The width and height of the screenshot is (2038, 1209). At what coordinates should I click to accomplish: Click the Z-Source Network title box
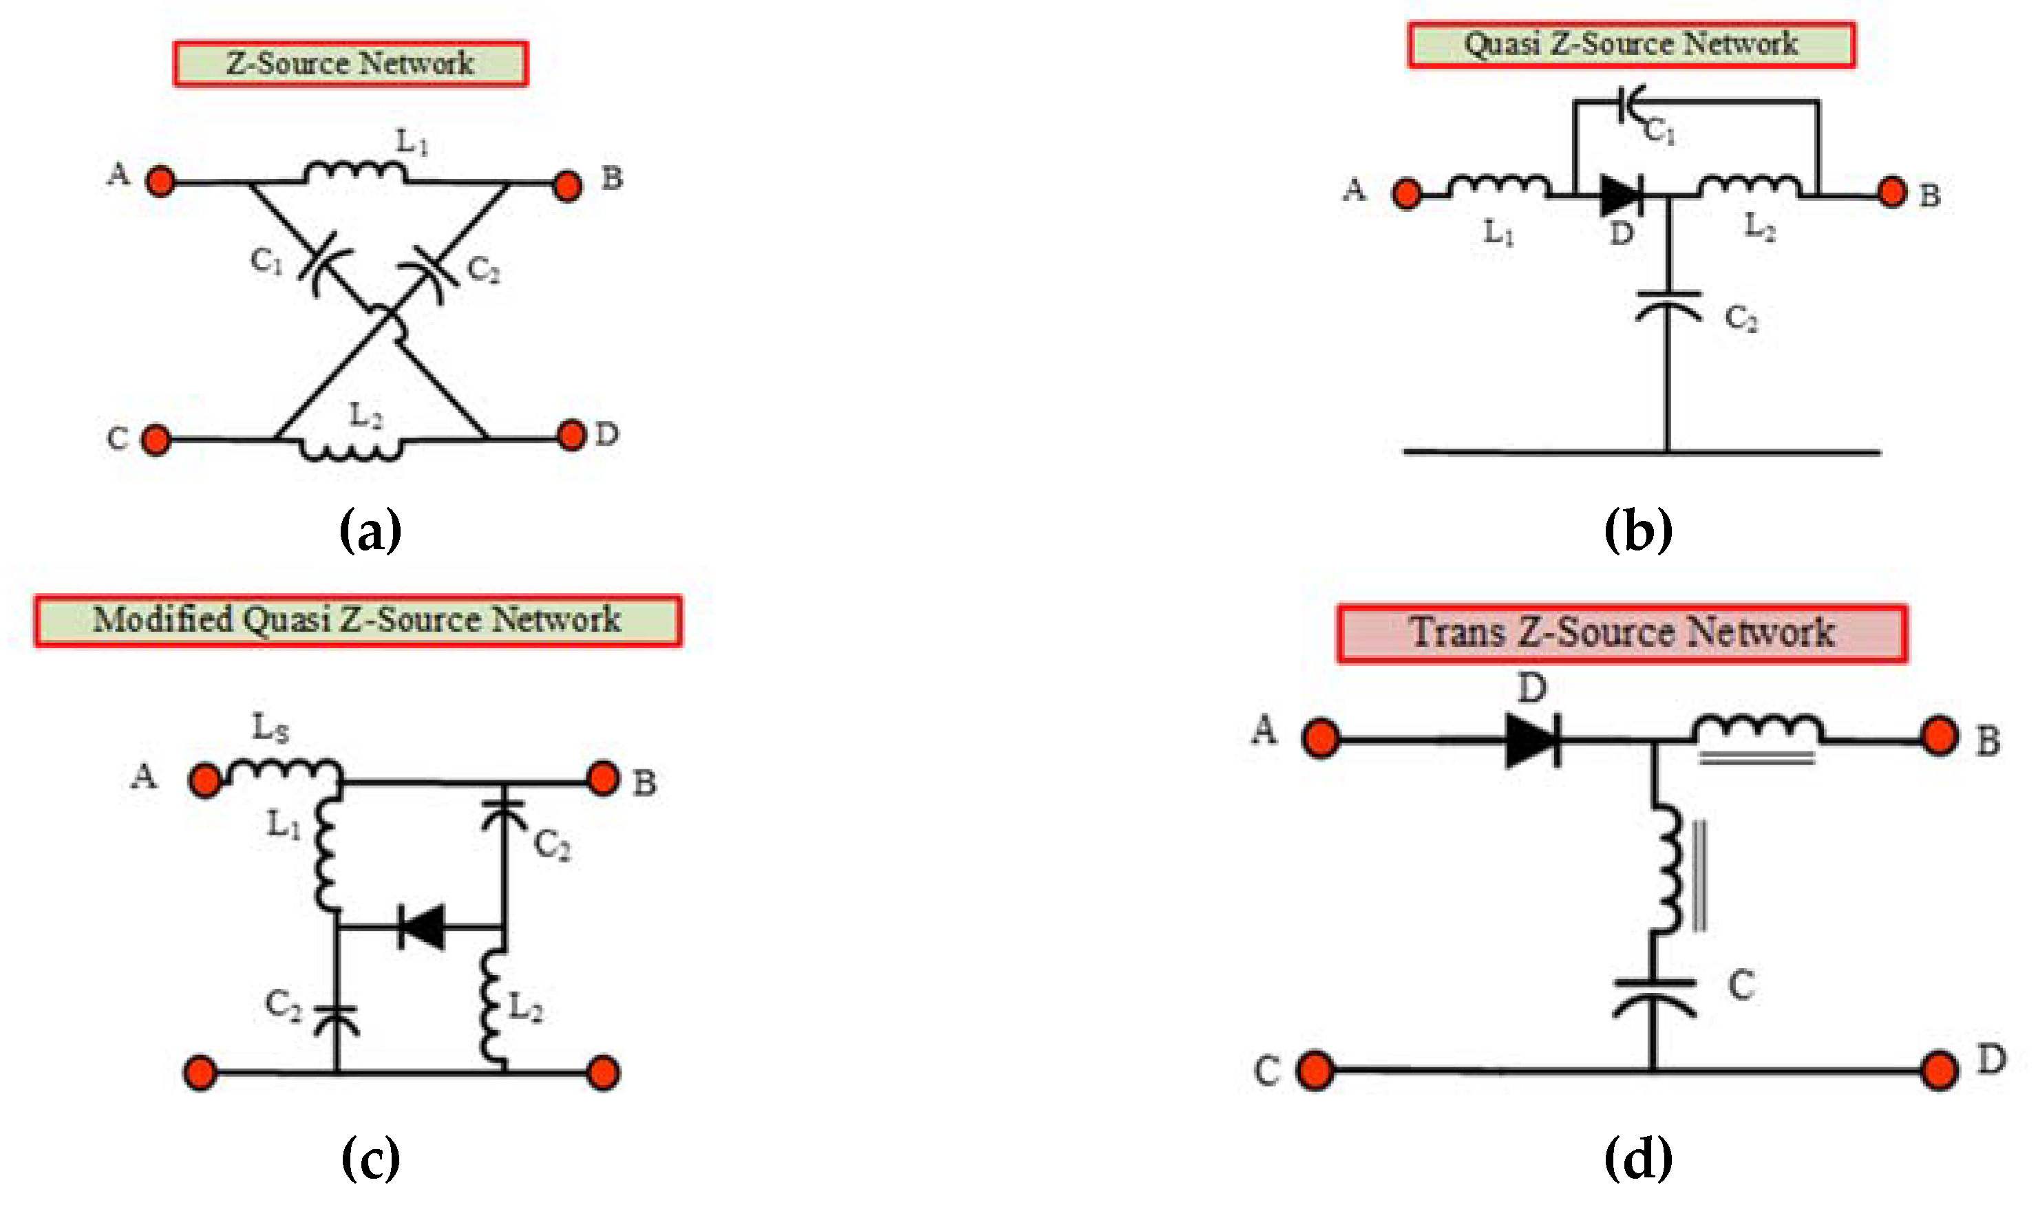[x=350, y=63]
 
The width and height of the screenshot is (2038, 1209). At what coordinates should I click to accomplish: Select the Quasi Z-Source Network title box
[x=1631, y=45]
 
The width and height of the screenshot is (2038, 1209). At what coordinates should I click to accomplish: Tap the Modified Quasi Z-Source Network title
[x=357, y=621]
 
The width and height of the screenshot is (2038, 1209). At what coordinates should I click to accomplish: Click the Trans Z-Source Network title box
[x=1622, y=633]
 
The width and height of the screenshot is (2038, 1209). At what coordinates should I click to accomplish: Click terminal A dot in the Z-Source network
[x=160, y=181]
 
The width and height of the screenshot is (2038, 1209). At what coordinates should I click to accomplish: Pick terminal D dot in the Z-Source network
[x=571, y=434]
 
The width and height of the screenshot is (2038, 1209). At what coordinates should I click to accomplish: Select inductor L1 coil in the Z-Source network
[x=354, y=172]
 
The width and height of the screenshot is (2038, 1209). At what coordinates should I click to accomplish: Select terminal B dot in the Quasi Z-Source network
[x=1892, y=193]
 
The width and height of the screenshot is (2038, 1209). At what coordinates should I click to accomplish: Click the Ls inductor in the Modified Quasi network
[x=284, y=771]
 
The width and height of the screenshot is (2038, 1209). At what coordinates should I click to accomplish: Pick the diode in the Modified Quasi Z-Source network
[x=422, y=926]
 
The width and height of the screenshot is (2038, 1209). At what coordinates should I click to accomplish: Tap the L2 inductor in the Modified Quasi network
[x=492, y=1009]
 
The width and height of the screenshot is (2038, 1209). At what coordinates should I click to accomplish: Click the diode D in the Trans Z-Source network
[x=1532, y=740]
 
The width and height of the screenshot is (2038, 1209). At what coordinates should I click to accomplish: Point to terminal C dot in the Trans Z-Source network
[x=1315, y=1071]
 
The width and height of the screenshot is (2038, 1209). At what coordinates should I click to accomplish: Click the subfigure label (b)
[x=1637, y=531]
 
